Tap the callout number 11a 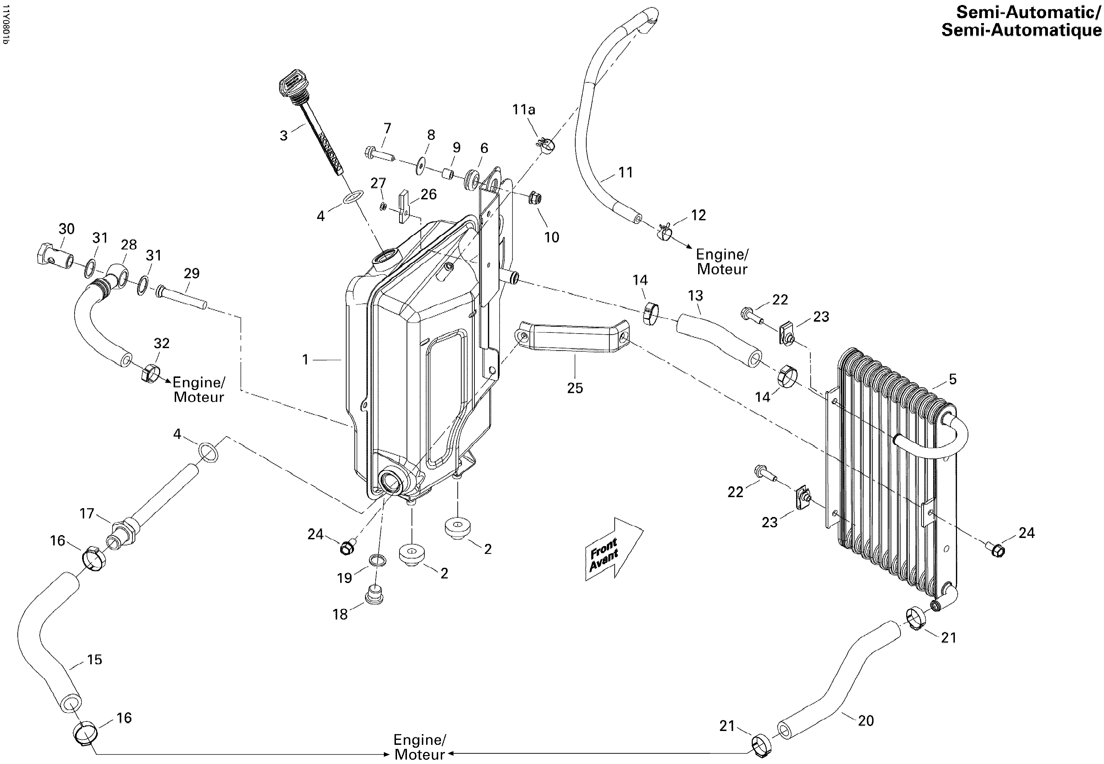(x=523, y=110)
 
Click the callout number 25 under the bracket (x=575, y=388)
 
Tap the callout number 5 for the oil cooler (x=953, y=379)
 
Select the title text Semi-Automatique (x=1022, y=30)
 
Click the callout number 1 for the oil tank (x=305, y=359)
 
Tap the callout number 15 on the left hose (x=95, y=660)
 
